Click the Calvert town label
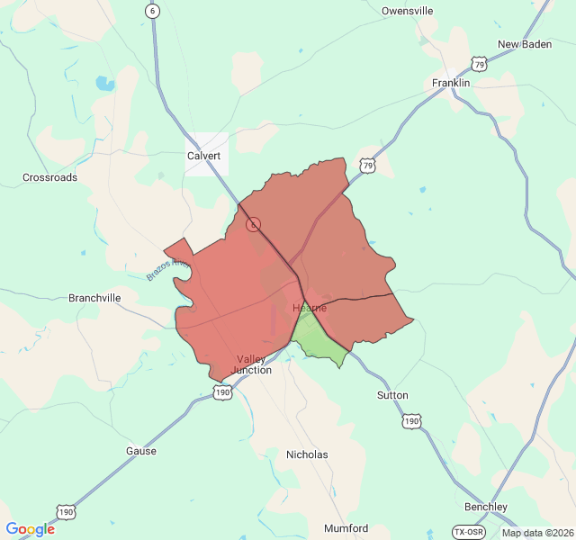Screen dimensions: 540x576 203,156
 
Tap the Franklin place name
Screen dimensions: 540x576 451,83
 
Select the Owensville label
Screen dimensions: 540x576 407,11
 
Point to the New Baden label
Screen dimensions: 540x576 524,44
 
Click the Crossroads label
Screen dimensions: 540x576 49,177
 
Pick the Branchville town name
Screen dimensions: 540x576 94,298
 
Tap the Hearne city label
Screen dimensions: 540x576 310,308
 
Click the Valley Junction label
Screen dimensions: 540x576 251,364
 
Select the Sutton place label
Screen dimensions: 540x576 392,395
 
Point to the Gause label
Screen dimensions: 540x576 140,451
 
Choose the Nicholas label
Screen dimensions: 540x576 307,454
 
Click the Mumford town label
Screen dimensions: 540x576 346,528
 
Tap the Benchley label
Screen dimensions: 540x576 486,507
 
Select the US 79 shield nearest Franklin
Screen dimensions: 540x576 479,64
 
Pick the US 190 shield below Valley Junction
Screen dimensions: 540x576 223,391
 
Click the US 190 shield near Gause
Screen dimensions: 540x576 66,511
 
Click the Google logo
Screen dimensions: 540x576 30,529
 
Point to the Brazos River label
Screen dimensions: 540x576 167,269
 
